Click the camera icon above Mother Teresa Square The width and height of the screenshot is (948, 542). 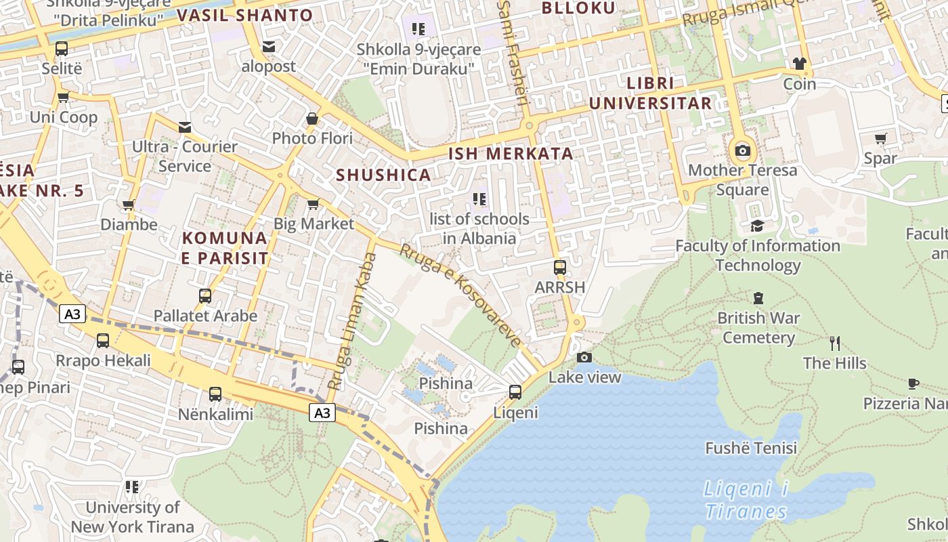743,150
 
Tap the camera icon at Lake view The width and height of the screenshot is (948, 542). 584,357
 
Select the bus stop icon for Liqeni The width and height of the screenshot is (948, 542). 515,392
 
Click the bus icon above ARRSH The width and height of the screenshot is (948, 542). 559,267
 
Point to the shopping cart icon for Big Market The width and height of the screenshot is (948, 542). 313,204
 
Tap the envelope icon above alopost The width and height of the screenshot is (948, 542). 269,47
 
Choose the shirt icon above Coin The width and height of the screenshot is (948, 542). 799,64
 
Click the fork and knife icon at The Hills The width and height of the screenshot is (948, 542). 835,343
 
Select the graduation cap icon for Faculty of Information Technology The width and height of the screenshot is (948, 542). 757,226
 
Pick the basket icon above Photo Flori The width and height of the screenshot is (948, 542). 312,119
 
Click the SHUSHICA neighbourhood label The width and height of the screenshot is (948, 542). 383,175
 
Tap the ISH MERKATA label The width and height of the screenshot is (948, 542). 511,154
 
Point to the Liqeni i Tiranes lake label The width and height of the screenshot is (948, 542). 746,499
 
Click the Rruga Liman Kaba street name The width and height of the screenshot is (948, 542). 352,321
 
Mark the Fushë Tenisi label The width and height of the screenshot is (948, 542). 751,449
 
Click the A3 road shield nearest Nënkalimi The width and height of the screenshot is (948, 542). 322,412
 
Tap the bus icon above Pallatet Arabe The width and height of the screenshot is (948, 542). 205,296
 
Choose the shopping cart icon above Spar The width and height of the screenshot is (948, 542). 880,139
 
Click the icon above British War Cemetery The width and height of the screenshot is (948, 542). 758,297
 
